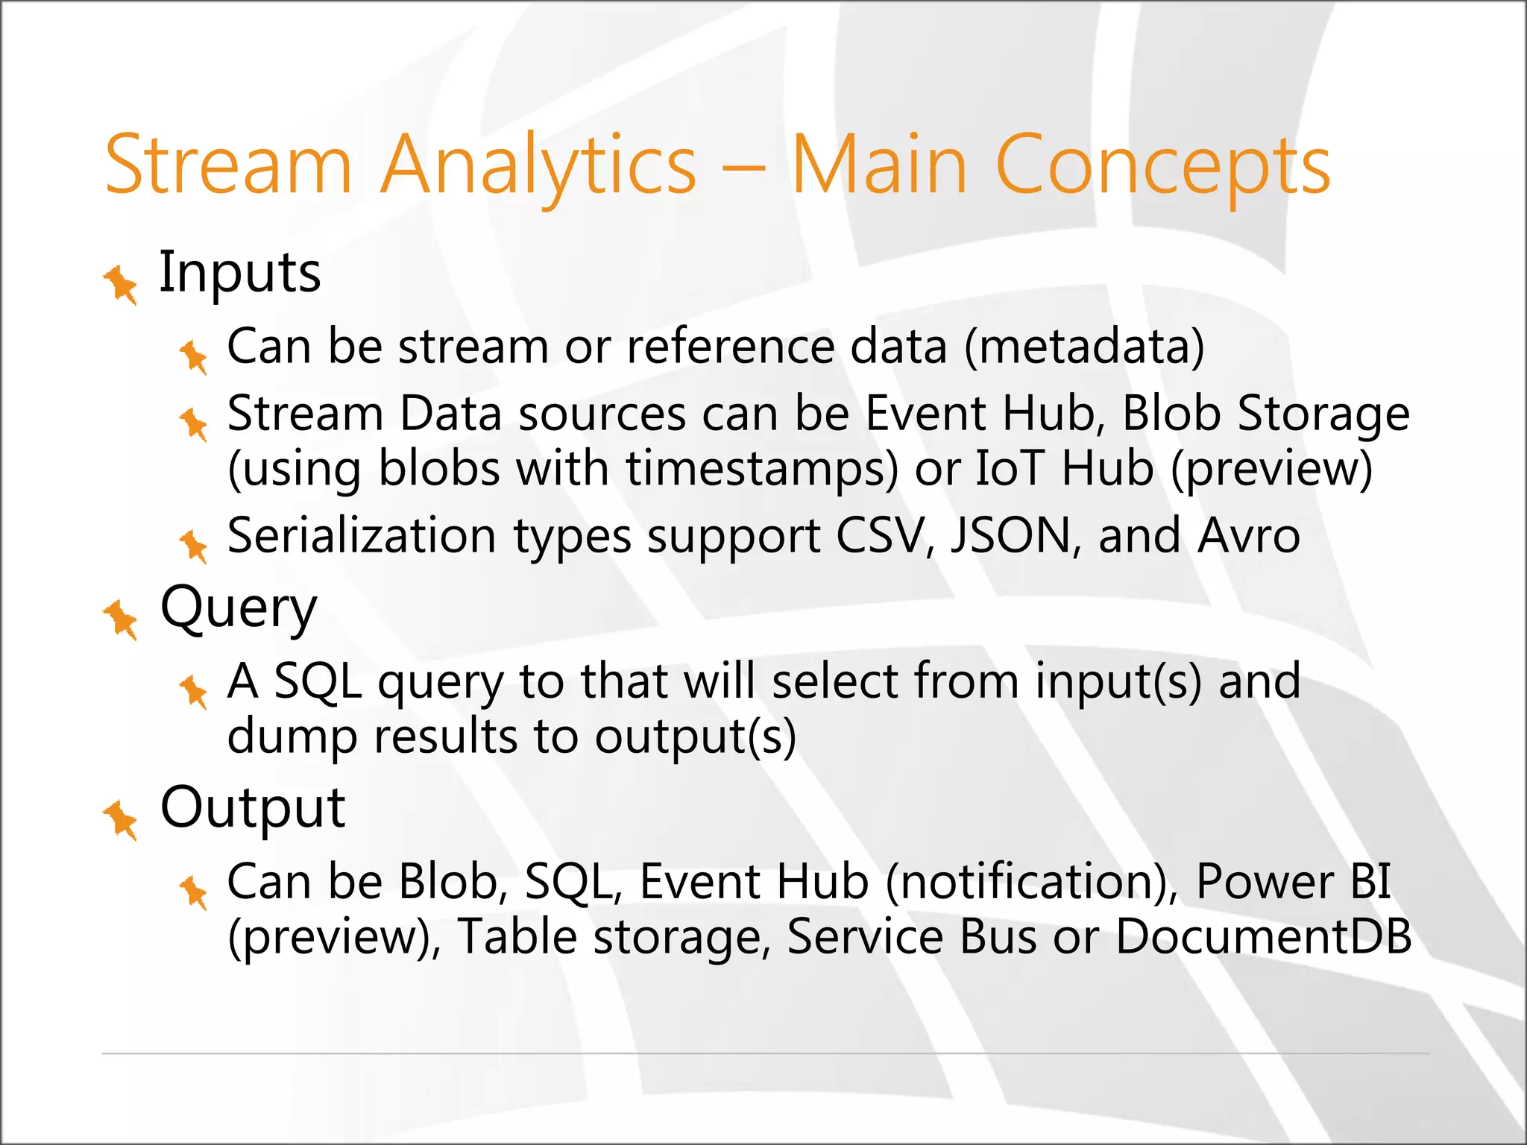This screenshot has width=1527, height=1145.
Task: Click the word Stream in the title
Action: point(227,165)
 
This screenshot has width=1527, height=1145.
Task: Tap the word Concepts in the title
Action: point(1162,165)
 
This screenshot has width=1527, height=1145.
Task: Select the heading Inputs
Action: point(240,273)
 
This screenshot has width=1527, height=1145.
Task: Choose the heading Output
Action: point(253,808)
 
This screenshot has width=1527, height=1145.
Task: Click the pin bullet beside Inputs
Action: point(121,285)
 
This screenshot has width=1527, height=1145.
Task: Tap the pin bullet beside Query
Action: point(121,619)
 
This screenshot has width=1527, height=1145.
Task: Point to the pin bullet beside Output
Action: point(121,819)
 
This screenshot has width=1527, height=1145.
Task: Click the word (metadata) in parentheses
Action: point(1084,347)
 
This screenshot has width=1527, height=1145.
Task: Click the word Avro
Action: point(1248,536)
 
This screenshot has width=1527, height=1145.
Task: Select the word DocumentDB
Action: point(1263,936)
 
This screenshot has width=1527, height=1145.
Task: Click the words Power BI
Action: point(1293,882)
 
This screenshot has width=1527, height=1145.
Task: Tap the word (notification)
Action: point(1032,882)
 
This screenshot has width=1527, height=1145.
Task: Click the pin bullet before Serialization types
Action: point(194,546)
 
